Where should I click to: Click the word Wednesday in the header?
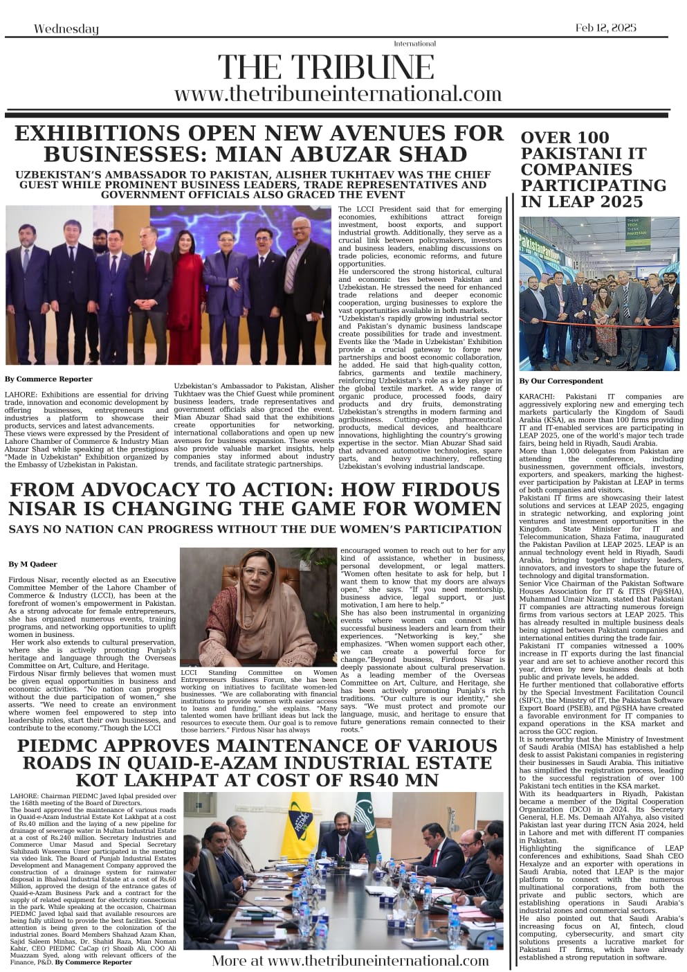click(66, 28)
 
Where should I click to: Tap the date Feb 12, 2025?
click(605, 28)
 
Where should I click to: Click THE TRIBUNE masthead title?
click(326, 68)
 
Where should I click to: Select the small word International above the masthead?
click(414, 44)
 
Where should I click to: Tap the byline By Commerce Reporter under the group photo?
click(48, 379)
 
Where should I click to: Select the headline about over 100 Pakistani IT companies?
click(593, 170)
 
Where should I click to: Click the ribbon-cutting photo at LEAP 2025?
click(600, 294)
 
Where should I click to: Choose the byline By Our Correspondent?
click(560, 381)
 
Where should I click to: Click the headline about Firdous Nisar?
click(255, 499)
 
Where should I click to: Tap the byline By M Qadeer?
click(33, 564)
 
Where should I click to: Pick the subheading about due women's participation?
click(255, 529)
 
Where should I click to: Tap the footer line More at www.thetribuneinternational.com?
click(350, 960)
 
